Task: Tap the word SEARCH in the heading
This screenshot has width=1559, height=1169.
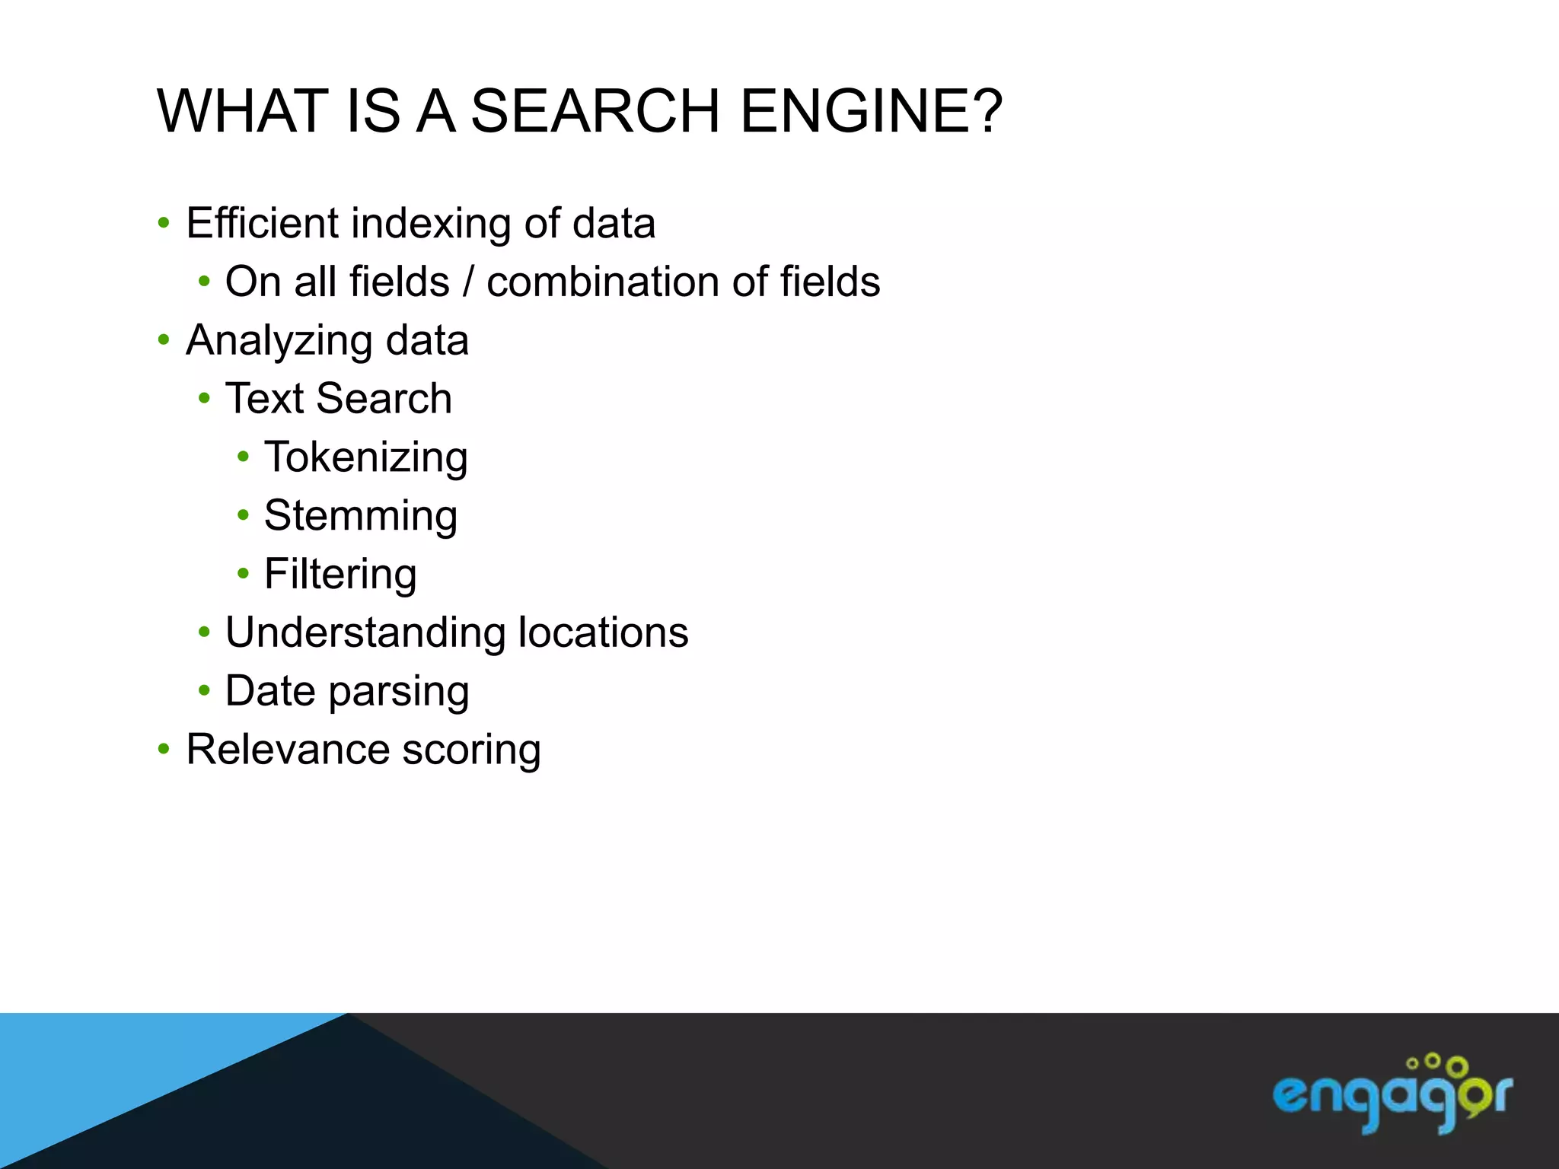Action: tap(595, 111)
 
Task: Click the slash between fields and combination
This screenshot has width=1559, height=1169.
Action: tap(468, 282)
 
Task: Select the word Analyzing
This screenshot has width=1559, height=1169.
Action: tap(279, 340)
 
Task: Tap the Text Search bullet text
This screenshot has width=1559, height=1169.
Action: tap(339, 399)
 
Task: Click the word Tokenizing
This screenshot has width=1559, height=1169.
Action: tap(365, 457)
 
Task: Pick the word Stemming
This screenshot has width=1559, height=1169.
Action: tap(361, 516)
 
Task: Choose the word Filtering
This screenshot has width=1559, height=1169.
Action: tap(340, 575)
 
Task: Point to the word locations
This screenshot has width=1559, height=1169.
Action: tap(603, 632)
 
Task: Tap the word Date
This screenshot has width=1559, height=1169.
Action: tap(270, 691)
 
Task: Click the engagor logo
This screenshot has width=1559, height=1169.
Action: tap(1392, 1095)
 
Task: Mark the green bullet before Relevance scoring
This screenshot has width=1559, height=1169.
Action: tap(164, 750)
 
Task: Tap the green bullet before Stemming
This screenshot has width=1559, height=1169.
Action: tap(243, 515)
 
